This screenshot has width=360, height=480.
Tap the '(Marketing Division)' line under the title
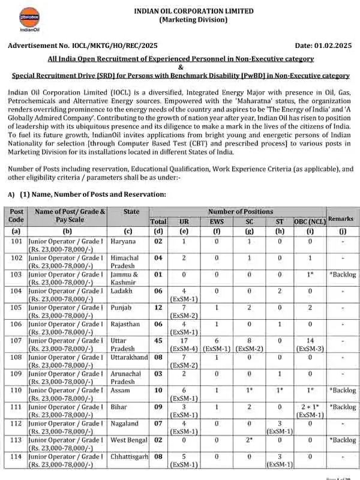tap(193, 20)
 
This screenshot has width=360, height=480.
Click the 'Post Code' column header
tap(17, 215)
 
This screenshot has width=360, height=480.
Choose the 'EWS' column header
tap(217, 221)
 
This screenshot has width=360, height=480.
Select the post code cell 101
tap(17, 241)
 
